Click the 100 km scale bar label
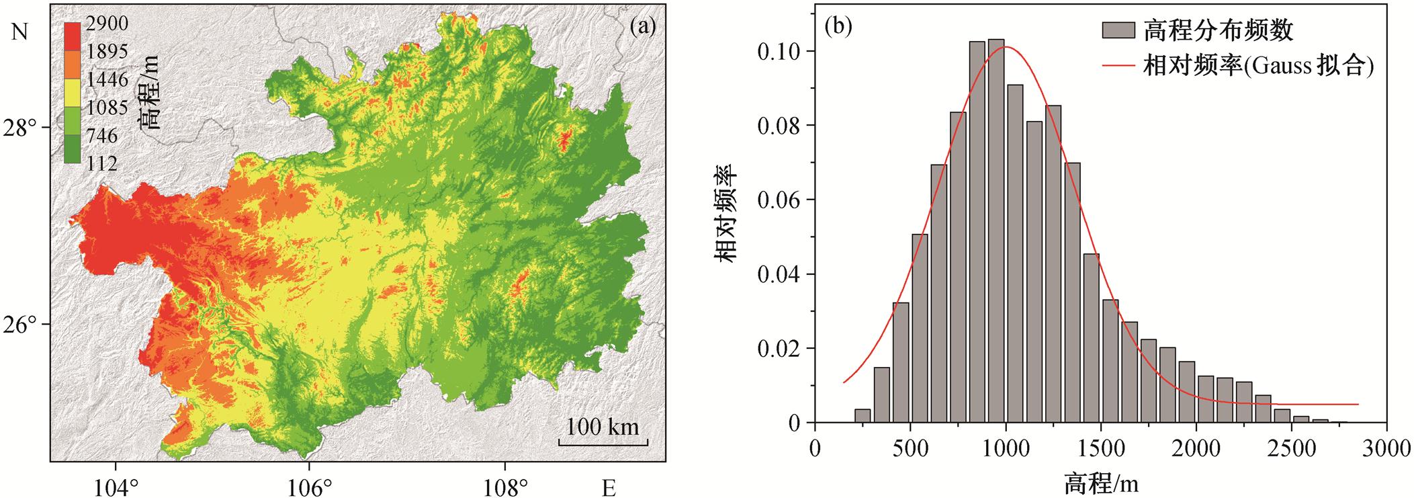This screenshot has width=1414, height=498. click(x=602, y=426)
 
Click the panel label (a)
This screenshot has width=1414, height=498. click(x=642, y=26)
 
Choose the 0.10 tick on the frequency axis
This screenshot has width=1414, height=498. click(x=780, y=52)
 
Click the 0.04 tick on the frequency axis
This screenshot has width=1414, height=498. click(x=780, y=274)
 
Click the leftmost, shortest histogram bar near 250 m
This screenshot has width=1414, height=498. click(x=863, y=416)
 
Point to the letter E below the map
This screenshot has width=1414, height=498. click(x=609, y=488)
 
